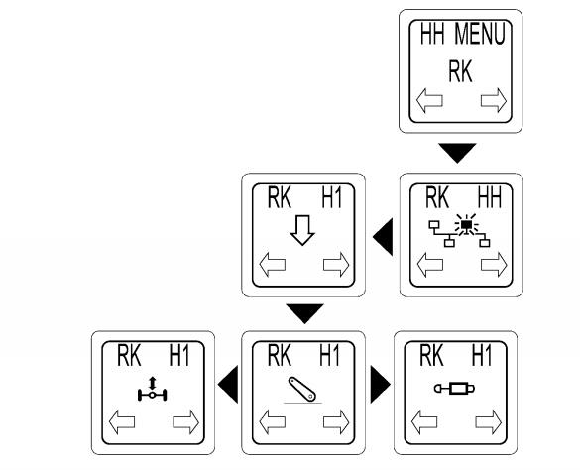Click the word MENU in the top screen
[480, 34]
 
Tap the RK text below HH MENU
[460, 71]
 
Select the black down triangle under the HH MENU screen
[457, 153]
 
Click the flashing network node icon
[459, 231]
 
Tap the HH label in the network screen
[490, 197]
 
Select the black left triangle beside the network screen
[383, 237]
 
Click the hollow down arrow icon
[302, 230]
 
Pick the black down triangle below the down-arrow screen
[304, 313]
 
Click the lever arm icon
[302, 390]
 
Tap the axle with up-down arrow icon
[152, 390]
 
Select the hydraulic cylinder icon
[454, 389]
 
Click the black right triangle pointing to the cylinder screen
[381, 384]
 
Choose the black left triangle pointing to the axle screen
[228, 384]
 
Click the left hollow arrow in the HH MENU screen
[429, 100]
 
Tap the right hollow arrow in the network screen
[494, 265]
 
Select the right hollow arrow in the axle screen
[186, 421]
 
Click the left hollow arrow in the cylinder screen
[424, 421]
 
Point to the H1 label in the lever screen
[329, 355]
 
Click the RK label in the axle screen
[129, 355]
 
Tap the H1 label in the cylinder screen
[482, 355]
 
